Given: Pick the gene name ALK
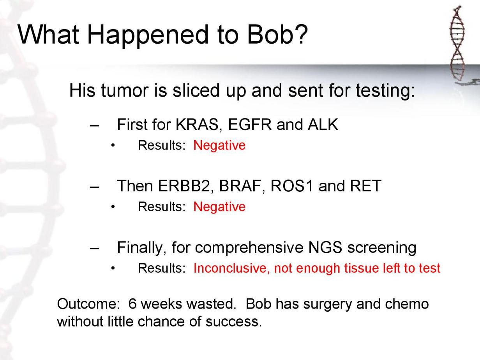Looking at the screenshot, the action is point(323,124).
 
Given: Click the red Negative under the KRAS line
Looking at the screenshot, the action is point(219,145).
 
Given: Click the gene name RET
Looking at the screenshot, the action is point(365,186).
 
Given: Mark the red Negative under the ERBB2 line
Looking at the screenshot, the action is point(219,207).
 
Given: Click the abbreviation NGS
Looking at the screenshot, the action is point(325,247).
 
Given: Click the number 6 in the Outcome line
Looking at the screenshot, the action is point(132,304).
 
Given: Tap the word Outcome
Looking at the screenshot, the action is point(87,304).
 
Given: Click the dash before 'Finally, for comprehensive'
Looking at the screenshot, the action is point(94,249).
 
